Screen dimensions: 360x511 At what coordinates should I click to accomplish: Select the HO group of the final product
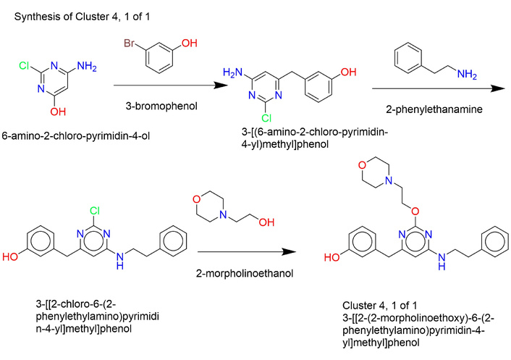point(331,256)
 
